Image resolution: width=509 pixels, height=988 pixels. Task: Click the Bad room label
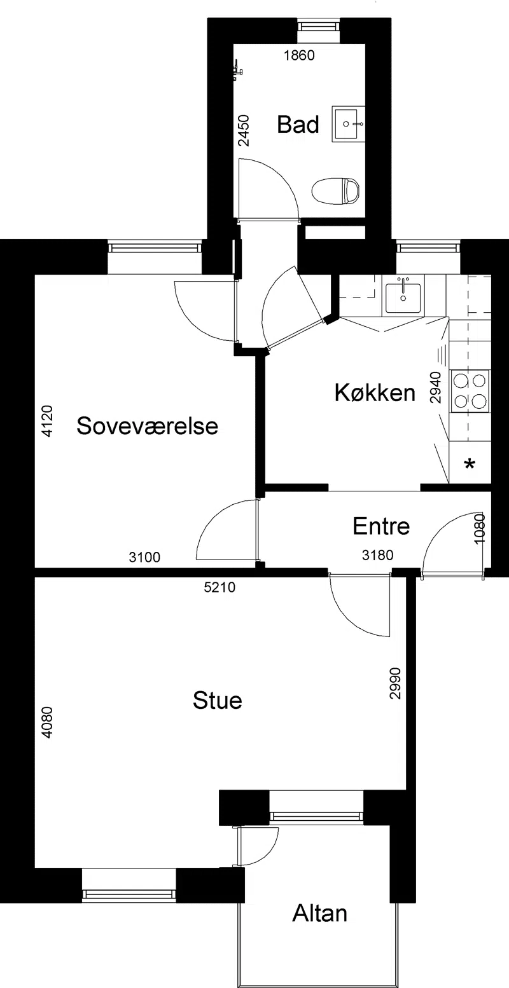click(x=298, y=125)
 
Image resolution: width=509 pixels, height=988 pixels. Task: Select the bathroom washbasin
click(x=348, y=124)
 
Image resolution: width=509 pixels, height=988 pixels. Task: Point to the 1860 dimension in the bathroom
click(x=299, y=55)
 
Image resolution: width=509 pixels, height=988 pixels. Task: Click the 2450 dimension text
click(x=244, y=130)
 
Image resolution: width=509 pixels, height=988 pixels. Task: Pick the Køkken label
click(x=375, y=392)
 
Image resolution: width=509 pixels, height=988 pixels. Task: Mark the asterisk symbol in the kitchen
click(x=470, y=465)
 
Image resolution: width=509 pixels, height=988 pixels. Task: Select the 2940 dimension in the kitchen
click(x=436, y=388)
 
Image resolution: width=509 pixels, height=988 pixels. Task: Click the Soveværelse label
click(x=148, y=426)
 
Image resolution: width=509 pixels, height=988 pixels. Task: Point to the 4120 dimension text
click(x=47, y=422)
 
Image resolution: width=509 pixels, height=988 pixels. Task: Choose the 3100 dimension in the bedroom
click(x=144, y=558)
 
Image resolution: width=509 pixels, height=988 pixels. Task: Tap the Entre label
click(x=381, y=526)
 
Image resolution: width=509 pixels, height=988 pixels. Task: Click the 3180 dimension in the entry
click(x=377, y=555)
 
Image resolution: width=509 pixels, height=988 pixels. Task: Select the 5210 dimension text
click(x=220, y=587)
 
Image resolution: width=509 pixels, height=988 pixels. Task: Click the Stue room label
click(x=218, y=701)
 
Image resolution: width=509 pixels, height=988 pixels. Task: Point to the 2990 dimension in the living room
click(x=395, y=683)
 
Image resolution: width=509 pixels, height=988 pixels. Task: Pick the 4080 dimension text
click(x=47, y=722)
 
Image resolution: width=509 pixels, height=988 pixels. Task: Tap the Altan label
click(x=319, y=914)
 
